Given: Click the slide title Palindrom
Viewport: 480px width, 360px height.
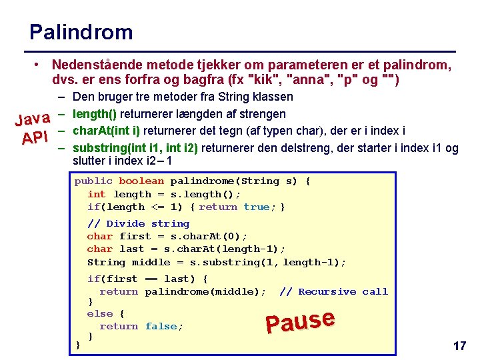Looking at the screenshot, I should pyautogui.click(x=81, y=32).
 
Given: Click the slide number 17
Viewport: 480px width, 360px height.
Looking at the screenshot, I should pyautogui.click(x=459, y=346).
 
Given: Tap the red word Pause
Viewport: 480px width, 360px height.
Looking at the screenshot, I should pyautogui.click(x=299, y=321).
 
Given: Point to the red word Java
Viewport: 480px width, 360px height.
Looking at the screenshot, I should pyautogui.click(x=33, y=119).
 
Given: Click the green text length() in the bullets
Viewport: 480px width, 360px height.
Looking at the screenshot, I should pyautogui.click(x=95, y=114).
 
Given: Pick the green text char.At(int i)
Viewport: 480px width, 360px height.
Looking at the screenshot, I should pyautogui.click(x=106, y=131).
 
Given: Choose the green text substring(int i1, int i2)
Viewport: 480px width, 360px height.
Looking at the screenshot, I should pyautogui.click(x=136, y=147).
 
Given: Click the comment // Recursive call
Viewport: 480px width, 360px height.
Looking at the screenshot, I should pyautogui.click(x=333, y=291).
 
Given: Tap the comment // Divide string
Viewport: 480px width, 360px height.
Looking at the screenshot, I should pyautogui.click(x=138, y=223).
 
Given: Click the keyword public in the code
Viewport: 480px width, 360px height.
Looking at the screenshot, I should pyautogui.click(x=93, y=181).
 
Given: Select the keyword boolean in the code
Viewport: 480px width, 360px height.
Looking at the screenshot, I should pyautogui.click(x=141, y=181).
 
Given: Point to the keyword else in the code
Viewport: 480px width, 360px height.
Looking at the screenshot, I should pyautogui.click(x=100, y=313).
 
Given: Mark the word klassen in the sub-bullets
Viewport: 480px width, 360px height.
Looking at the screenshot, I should pyautogui.click(x=271, y=97).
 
